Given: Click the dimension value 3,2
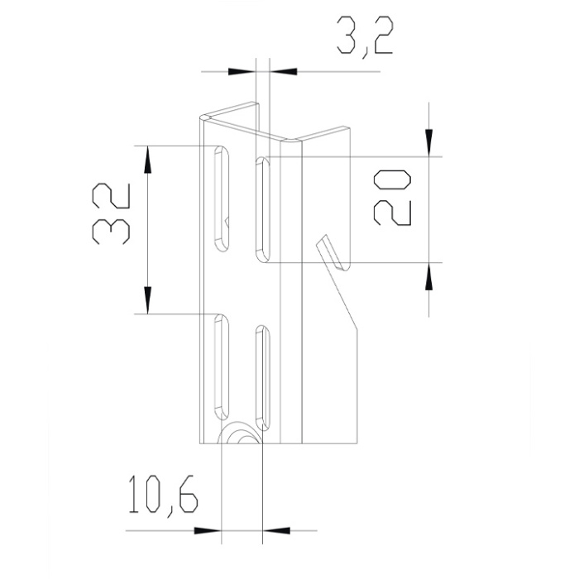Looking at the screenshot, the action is click(365, 37).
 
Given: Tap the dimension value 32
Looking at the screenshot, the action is click(111, 213).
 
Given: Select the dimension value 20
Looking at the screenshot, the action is click(393, 197).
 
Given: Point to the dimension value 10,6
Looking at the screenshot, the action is click(163, 496).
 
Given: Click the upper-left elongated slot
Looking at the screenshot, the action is click(222, 199).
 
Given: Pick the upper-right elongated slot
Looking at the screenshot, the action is click(262, 210).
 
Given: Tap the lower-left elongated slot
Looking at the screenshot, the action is click(222, 367).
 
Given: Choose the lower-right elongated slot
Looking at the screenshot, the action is click(262, 378).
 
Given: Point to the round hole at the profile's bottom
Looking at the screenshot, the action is click(240, 433).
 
